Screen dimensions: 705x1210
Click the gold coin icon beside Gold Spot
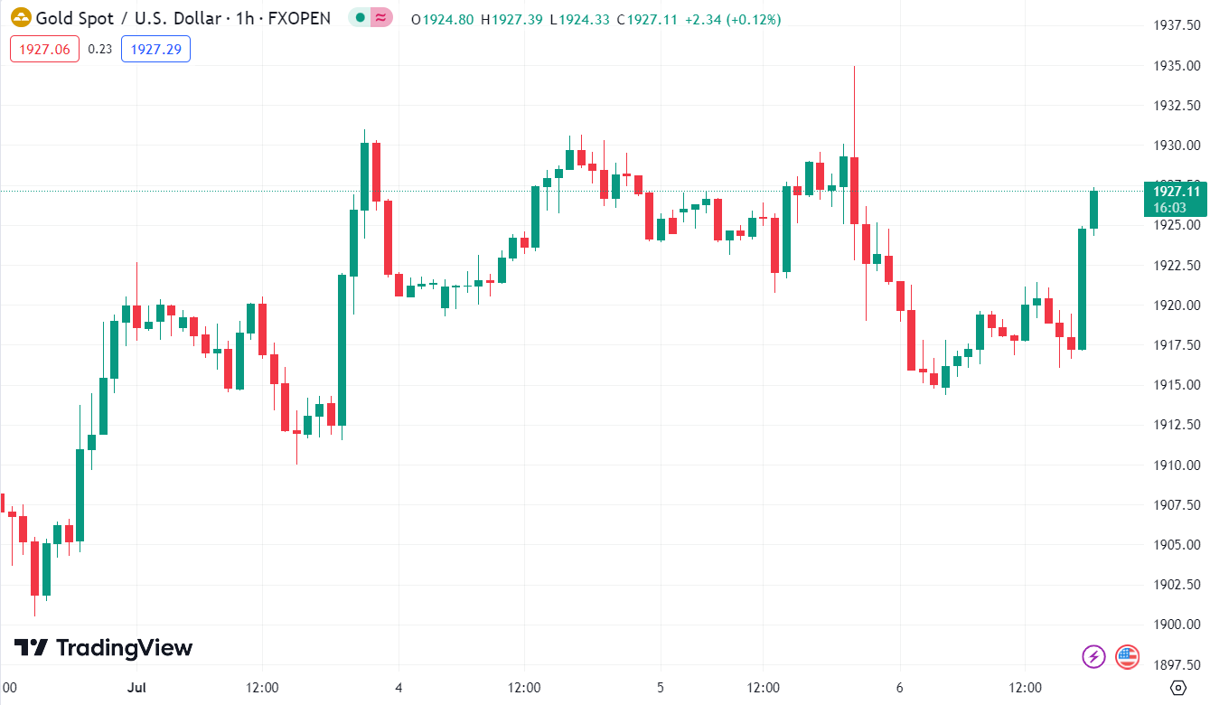point(20,18)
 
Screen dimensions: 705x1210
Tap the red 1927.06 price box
point(44,49)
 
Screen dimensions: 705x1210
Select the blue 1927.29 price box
point(155,49)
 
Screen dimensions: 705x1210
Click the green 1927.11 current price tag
point(1176,198)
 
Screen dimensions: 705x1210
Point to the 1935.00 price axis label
point(1176,65)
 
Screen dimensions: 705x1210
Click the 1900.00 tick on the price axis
point(1176,625)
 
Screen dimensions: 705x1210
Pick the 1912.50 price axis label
point(1176,425)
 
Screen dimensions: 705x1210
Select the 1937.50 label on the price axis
point(1176,25)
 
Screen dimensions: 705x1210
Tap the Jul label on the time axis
point(136,688)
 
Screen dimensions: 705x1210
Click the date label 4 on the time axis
point(399,688)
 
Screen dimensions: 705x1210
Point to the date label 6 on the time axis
point(899,688)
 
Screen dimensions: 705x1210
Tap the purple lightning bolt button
point(1094,656)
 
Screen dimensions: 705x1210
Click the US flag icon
point(1127,656)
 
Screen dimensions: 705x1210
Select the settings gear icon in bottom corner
point(1177,688)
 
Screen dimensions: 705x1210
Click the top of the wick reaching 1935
point(854,67)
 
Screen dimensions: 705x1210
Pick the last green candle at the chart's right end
point(1093,209)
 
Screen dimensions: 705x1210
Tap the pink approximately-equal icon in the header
point(382,18)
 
